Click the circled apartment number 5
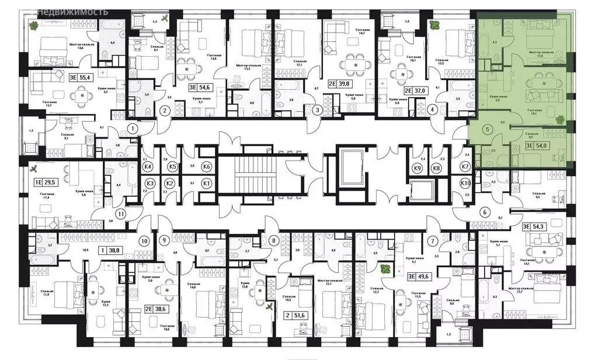(x=488, y=130)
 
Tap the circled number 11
(x=120, y=213)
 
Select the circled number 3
(x=317, y=110)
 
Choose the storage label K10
(x=465, y=184)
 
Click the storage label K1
(x=206, y=184)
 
